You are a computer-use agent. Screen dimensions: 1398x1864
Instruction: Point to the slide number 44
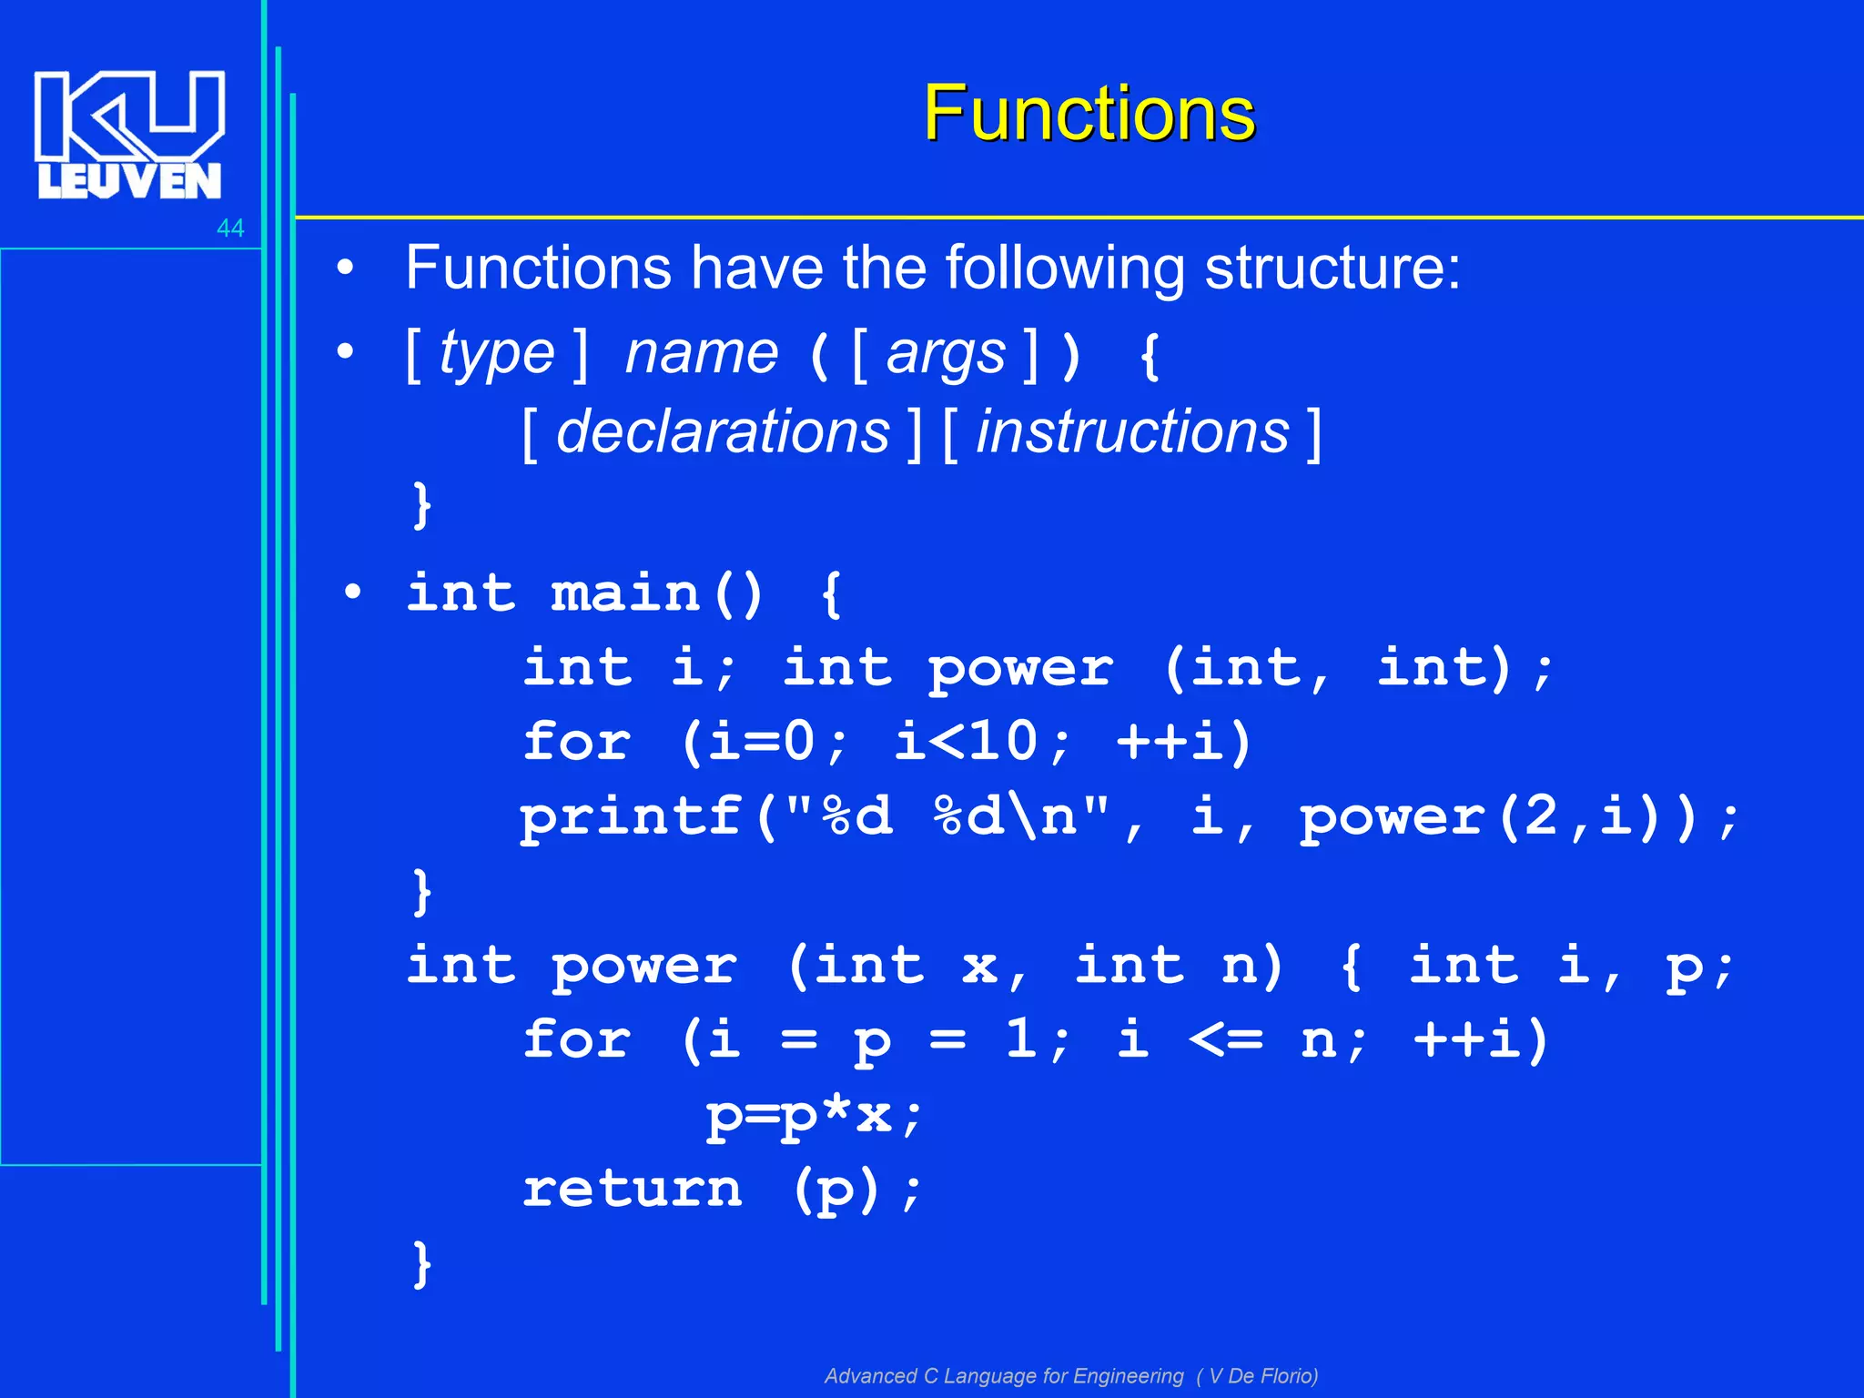230,228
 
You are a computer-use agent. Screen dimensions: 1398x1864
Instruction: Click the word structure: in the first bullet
1332,268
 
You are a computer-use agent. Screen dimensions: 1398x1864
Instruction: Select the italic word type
497,353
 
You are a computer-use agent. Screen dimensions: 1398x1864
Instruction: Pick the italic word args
947,353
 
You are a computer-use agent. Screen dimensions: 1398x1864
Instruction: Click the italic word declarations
723,431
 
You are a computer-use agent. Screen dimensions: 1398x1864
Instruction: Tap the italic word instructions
1132,431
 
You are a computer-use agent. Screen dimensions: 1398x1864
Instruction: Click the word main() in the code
657,593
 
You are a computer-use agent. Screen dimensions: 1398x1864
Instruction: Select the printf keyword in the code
631,816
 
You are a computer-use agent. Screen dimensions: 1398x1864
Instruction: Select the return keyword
633,1189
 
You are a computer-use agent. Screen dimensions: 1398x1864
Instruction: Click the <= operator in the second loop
1226,1039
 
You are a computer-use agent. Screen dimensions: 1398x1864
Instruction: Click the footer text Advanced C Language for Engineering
1004,1375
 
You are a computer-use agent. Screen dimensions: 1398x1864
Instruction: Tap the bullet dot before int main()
353,593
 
